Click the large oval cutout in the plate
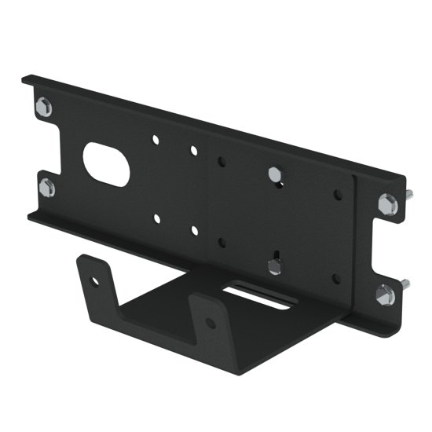tap(106, 163)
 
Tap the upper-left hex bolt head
tap(44, 107)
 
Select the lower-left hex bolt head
tap(47, 188)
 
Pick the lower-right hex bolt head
tap(386, 295)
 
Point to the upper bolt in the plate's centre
tap(275, 174)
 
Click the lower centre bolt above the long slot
tap(274, 265)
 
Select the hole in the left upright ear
tap(96, 280)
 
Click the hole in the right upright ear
tap(210, 323)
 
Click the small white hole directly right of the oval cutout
tap(156, 140)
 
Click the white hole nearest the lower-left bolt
tap(157, 219)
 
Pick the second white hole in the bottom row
tap(193, 231)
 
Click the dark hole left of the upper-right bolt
tap(338, 194)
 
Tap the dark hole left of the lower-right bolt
tap(336, 277)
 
